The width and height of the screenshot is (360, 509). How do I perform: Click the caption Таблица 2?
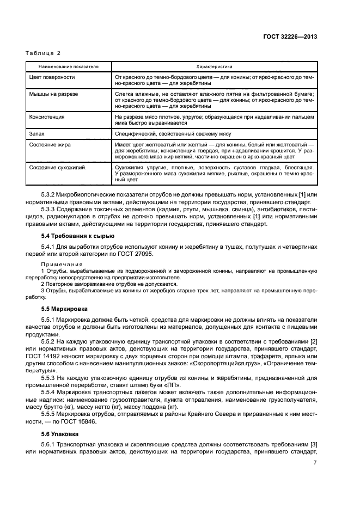(44, 53)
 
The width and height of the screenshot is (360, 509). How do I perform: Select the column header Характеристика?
(215, 66)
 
